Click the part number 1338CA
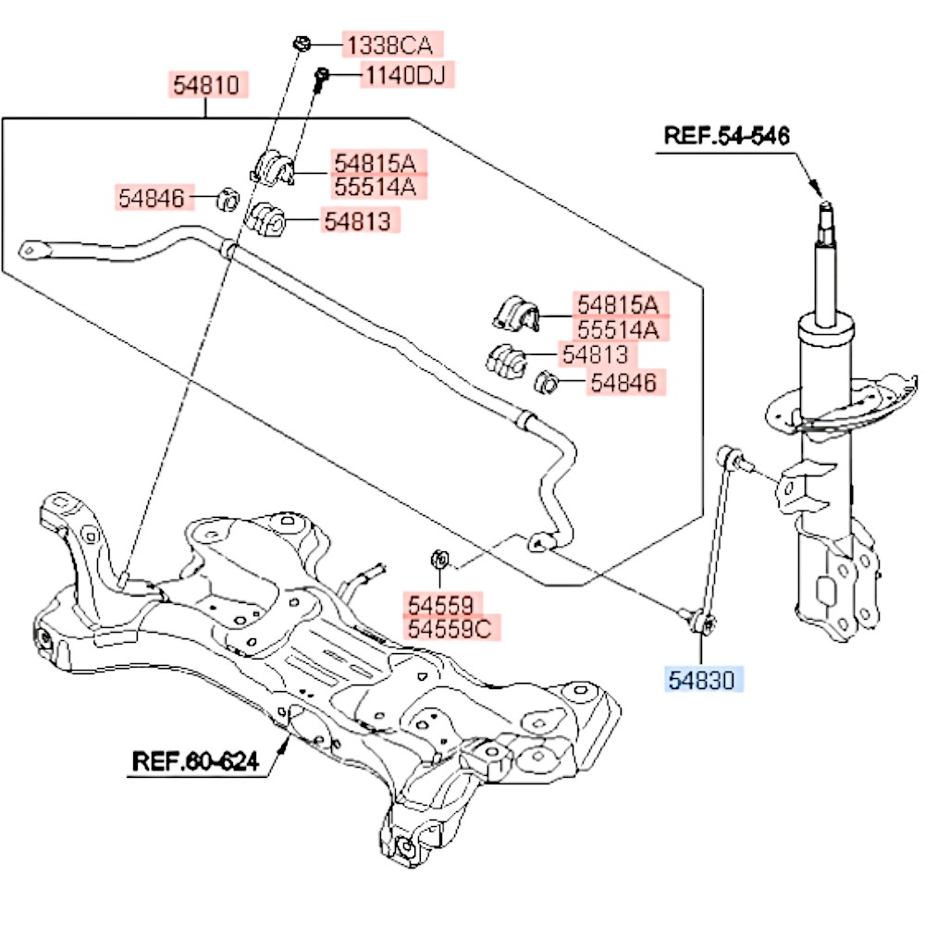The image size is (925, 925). (390, 45)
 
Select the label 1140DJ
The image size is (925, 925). (406, 75)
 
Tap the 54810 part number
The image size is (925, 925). (206, 85)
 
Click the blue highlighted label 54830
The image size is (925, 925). (701, 680)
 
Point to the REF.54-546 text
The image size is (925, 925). (726, 136)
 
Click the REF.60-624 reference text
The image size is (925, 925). (195, 761)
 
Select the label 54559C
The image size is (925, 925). (450, 629)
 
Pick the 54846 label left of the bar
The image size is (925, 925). (152, 198)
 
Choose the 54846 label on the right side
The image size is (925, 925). (623, 383)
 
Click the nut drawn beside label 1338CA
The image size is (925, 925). (302, 43)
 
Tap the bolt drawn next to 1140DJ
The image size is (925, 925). (320, 79)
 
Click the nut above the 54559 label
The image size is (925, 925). (440, 559)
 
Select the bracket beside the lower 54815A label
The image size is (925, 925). (516, 314)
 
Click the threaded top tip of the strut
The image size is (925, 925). (826, 208)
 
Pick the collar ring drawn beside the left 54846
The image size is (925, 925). (228, 200)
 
